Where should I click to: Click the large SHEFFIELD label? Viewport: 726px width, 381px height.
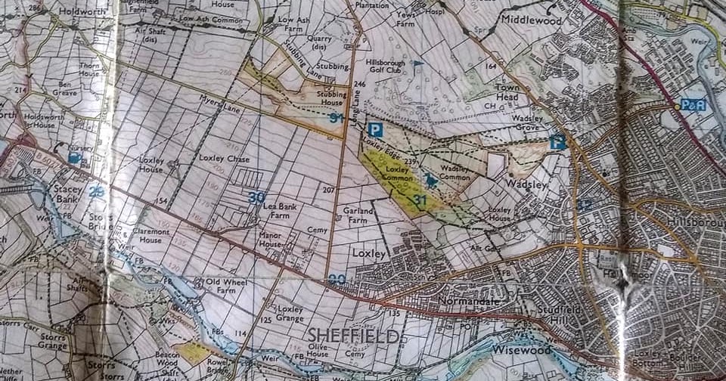352,336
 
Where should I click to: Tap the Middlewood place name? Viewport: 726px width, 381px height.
531,20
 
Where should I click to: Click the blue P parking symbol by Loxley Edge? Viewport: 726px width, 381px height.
376,130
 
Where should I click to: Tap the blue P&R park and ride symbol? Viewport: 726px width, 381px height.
693,105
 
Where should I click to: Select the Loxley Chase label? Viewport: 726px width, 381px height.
223,159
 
